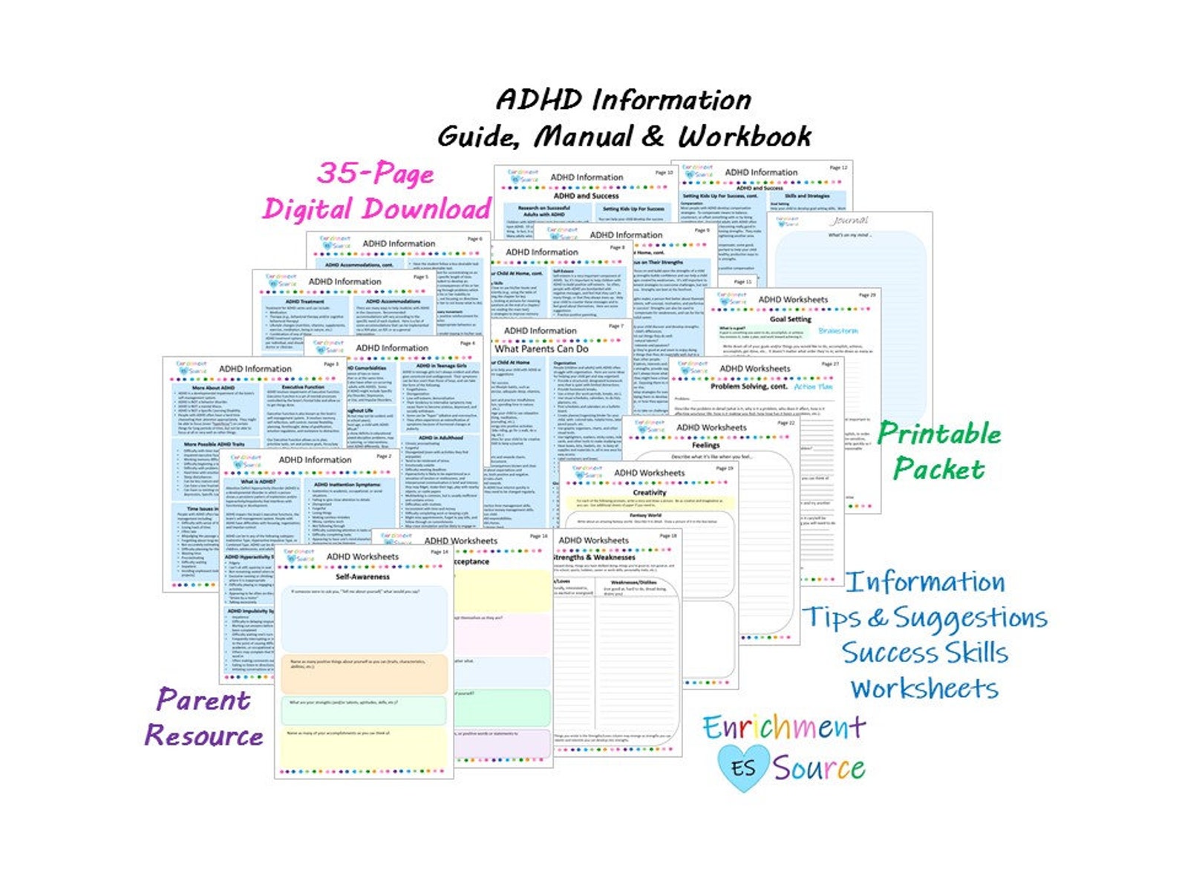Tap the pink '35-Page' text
point(375,173)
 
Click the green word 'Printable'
point(939,433)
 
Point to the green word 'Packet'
point(938,469)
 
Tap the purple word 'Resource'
point(203,736)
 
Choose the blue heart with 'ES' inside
point(742,767)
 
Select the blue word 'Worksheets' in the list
point(924,688)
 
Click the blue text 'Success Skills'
point(924,653)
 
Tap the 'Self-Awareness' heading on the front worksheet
point(362,577)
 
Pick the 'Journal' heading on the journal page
point(849,221)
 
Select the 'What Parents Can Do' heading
point(541,349)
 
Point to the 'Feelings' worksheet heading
point(705,445)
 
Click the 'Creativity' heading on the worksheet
point(649,492)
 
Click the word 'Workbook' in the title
point(744,137)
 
